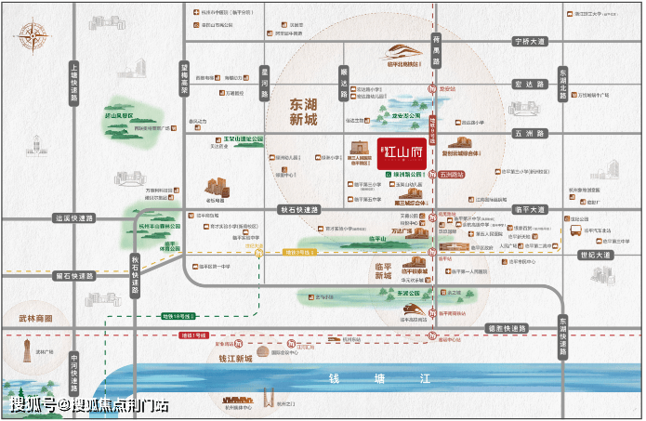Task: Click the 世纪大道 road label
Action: click(x=593, y=255)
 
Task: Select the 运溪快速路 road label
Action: click(x=75, y=219)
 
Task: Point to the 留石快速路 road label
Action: click(x=74, y=276)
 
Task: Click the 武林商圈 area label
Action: click(x=36, y=318)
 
